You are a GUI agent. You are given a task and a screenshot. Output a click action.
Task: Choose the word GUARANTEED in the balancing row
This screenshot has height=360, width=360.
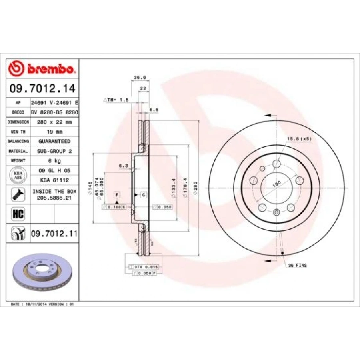tap(54, 141)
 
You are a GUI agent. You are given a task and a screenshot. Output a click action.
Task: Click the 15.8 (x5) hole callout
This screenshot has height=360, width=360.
tap(298, 139)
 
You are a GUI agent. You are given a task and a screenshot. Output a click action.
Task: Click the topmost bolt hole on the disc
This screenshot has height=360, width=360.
tap(276, 164)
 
